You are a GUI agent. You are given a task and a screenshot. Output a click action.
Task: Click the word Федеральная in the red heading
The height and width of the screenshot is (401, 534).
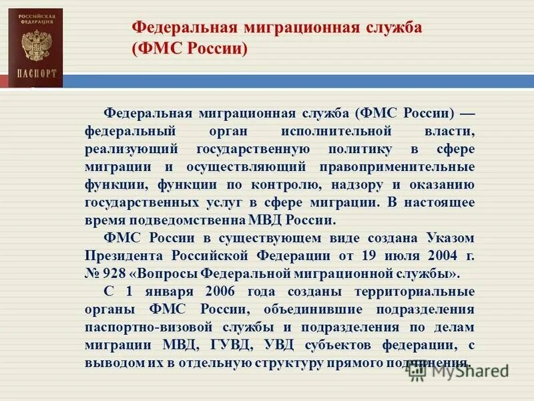[178, 27]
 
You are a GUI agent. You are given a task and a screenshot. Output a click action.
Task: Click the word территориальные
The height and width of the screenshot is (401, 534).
[409, 291]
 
